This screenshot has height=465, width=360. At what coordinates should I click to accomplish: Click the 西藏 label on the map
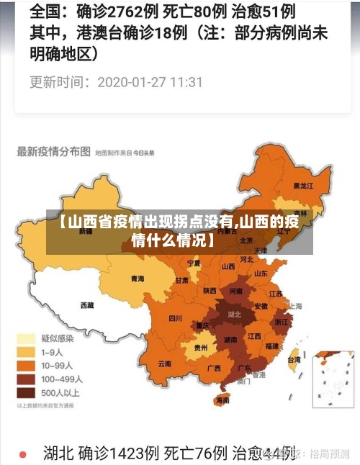[x=87, y=304]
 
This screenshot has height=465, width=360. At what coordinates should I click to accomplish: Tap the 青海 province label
[x=137, y=279]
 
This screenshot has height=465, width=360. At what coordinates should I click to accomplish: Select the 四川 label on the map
[x=175, y=317]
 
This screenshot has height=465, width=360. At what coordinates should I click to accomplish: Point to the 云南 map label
[x=164, y=364]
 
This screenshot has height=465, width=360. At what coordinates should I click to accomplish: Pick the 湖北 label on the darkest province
[x=234, y=315]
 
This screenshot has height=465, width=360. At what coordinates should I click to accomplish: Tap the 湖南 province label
[x=230, y=339]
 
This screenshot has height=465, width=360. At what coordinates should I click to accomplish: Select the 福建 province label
[x=271, y=346]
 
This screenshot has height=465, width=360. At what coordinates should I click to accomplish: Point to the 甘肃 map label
[x=181, y=280]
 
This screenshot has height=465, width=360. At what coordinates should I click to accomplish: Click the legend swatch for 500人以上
[x=27, y=393]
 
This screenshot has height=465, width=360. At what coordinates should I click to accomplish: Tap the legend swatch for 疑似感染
[x=27, y=338]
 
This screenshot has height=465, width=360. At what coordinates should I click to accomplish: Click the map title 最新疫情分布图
[x=54, y=152]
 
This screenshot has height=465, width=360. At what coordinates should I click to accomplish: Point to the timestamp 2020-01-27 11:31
[x=150, y=82]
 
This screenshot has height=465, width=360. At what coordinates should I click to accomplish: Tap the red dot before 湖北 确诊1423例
[x=22, y=454]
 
